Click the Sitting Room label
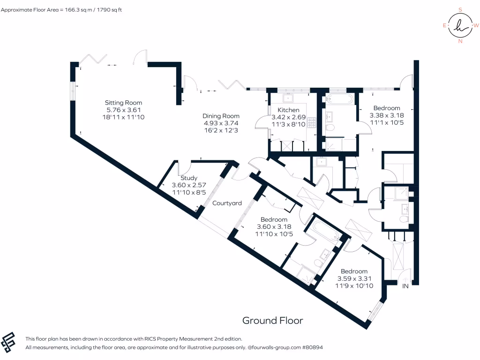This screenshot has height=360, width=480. coord(123,103)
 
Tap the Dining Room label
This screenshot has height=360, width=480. coord(221,116)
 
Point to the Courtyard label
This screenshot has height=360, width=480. coord(227,203)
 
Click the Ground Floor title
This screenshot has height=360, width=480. coord(272,321)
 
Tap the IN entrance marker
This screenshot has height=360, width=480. coord(405,286)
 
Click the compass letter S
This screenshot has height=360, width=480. coord(460,9)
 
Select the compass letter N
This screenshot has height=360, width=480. coord(460,41)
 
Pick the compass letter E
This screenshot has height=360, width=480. coord(444,25)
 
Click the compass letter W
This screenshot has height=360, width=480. coord(476,25)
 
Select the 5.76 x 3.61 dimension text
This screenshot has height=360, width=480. coord(123,110)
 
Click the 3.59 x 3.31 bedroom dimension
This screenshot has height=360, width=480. coord(354,278)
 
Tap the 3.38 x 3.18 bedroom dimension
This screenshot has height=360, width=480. coord(387,115)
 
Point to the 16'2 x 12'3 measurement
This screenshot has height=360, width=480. coord(221,130)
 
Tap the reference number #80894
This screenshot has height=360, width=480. coord(313,347)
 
